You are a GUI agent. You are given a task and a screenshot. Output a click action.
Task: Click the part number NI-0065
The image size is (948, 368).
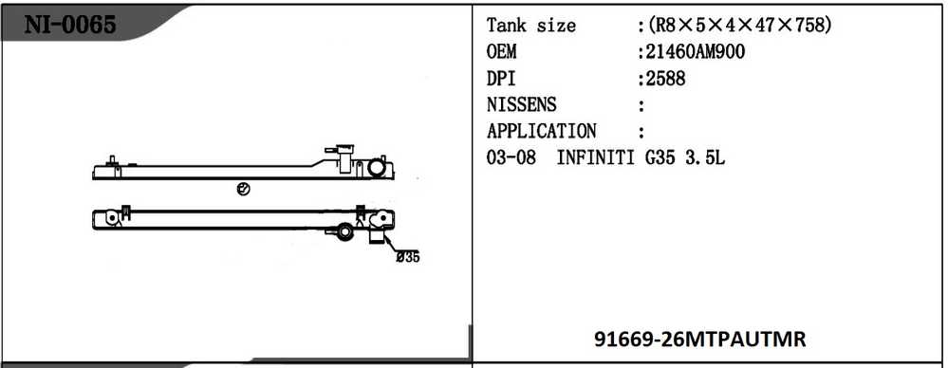click(x=70, y=25)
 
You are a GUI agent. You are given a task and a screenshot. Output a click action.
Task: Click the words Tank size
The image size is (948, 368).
click(x=530, y=26)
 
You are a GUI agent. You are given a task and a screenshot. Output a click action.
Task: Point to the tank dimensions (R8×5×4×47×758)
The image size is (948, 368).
click(x=739, y=26)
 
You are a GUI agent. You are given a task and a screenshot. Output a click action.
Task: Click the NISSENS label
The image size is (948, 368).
click(x=521, y=104)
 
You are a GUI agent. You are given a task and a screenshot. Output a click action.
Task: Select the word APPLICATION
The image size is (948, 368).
click(x=541, y=131)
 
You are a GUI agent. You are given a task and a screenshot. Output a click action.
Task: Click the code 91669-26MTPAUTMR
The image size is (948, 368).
click(x=700, y=338)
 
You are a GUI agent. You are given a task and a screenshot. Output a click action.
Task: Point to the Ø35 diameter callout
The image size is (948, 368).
click(x=407, y=256)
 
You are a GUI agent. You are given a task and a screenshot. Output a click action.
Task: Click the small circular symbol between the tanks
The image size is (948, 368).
click(x=243, y=189)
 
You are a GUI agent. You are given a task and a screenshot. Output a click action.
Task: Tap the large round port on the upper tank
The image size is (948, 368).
click(x=378, y=169)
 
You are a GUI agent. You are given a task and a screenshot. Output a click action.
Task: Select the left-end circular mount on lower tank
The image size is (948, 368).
click(x=112, y=218)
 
